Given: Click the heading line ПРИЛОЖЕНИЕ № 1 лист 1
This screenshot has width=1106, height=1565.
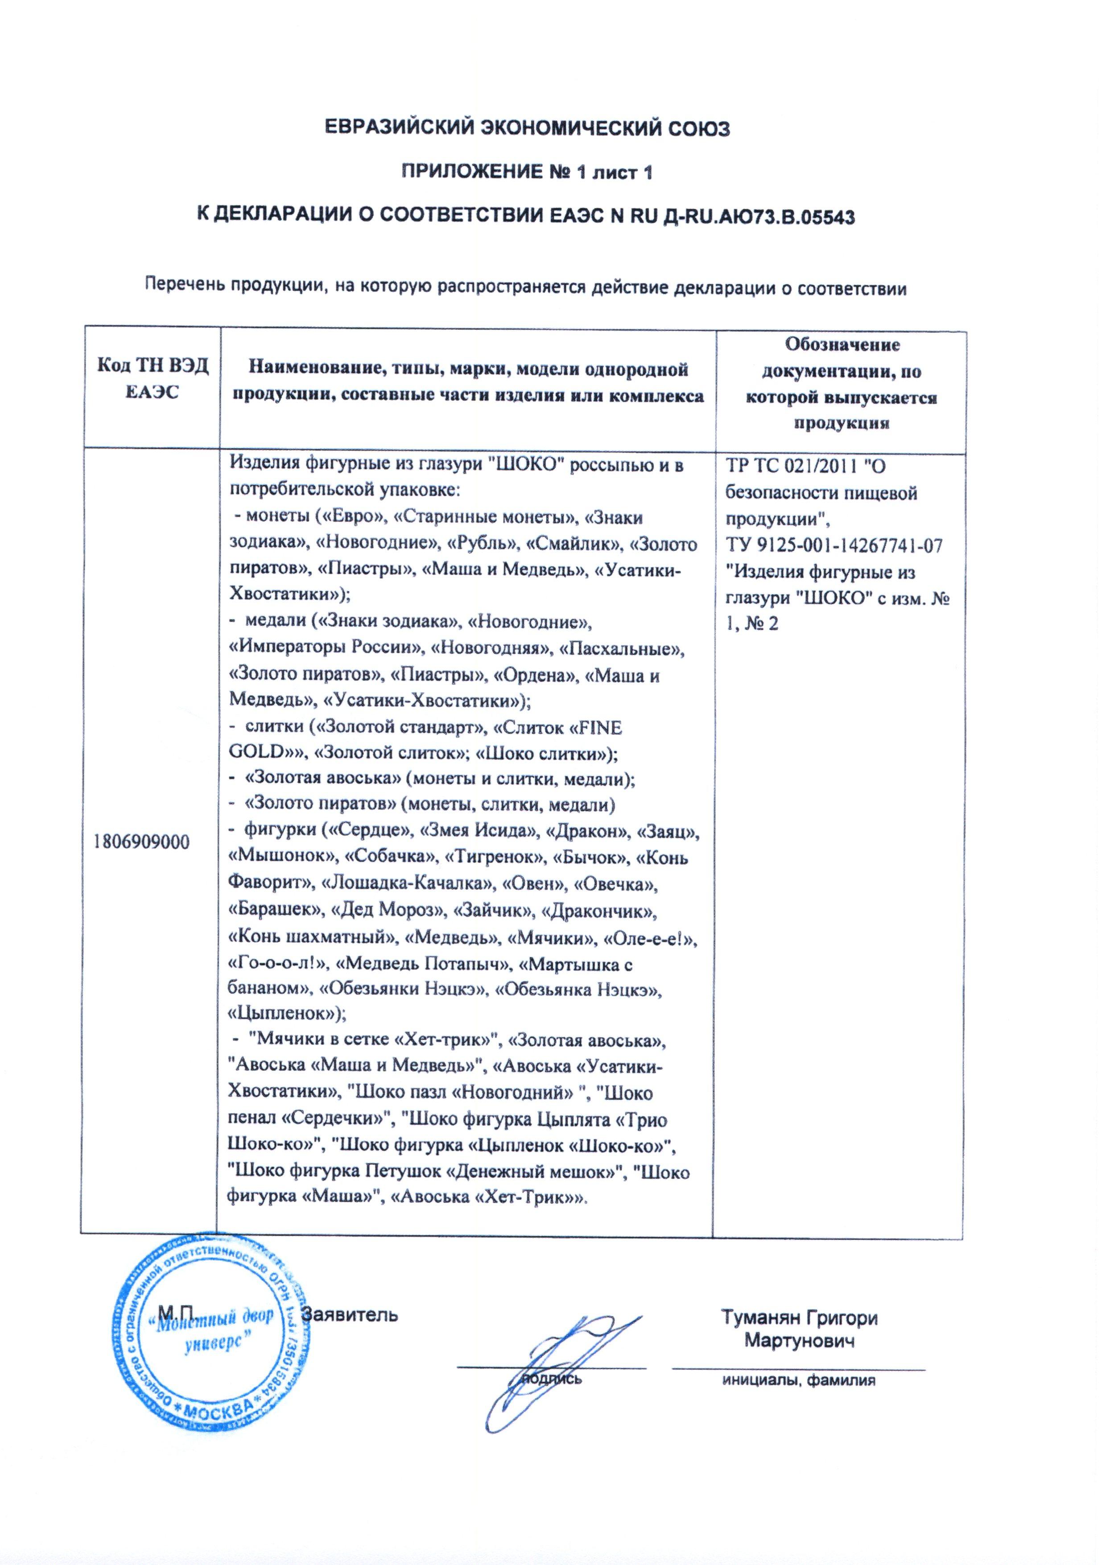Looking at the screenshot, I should tap(525, 173).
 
